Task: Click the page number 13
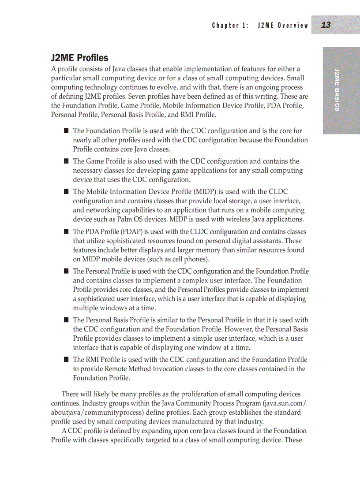(x=326, y=25)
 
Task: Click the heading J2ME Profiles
(x=79, y=58)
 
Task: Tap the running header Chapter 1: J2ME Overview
(x=260, y=26)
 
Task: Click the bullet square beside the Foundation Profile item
(x=66, y=131)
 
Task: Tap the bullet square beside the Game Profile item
(x=66, y=161)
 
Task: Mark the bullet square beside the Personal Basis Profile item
(x=66, y=320)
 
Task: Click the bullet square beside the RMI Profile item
(x=66, y=360)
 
